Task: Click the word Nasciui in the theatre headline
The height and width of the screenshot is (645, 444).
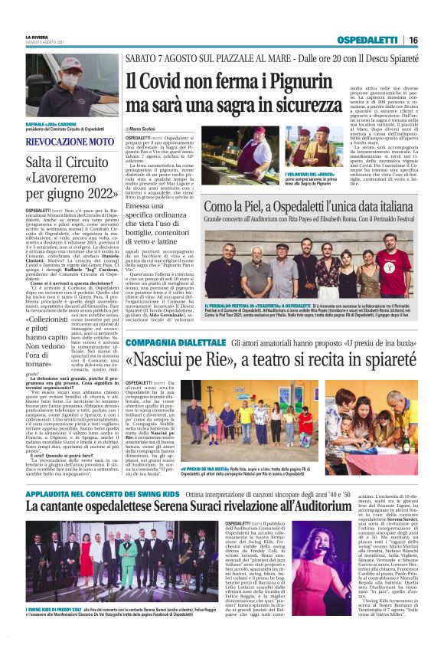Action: tap(173, 360)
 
